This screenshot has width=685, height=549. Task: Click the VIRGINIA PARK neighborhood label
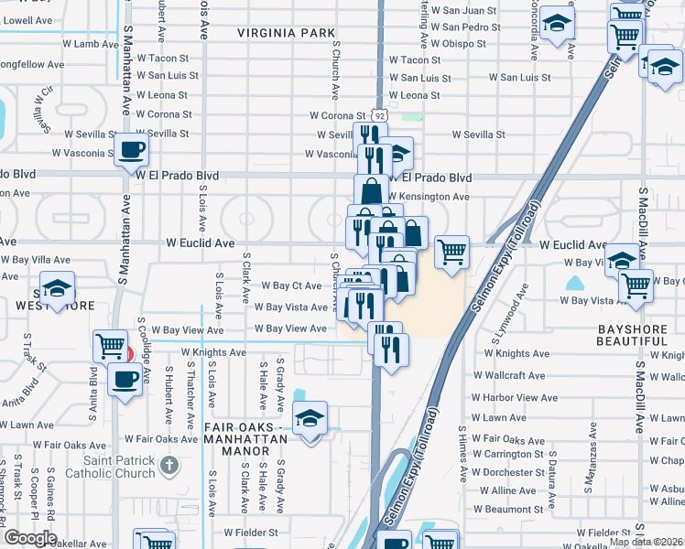pos(286,33)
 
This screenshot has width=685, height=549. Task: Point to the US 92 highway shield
pos(380,116)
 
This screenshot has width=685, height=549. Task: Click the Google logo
pos(29,538)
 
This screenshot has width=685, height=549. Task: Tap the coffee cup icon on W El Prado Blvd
pos(131,150)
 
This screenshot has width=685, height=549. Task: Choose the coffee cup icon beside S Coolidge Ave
pos(125,379)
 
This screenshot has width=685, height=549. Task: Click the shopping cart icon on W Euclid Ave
pos(451,252)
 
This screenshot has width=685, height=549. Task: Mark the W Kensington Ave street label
pos(429,197)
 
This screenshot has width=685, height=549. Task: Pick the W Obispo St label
pos(463,43)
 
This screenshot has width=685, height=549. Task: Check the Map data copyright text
pos(647,542)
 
